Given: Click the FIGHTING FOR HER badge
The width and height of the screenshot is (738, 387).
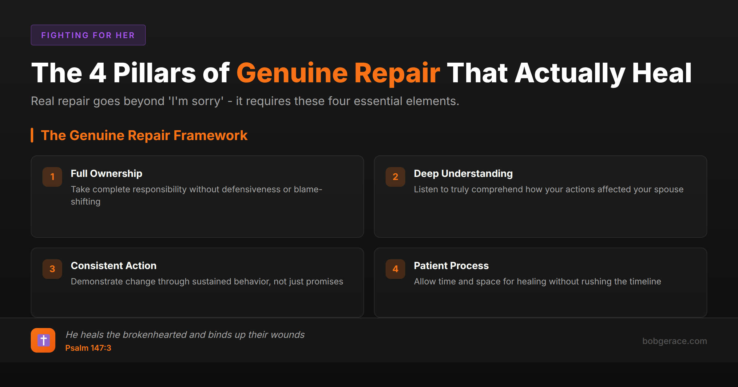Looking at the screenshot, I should [88, 35].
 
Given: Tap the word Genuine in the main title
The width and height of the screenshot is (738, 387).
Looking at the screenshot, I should [292, 73].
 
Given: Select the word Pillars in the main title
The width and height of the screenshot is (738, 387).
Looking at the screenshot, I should [154, 73].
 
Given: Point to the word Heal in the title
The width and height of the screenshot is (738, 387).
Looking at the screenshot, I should [662, 73].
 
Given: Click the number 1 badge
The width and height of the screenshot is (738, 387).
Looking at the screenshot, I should [52, 177].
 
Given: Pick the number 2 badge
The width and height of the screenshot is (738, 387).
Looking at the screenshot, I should [395, 177].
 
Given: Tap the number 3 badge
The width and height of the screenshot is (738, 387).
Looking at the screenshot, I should [52, 269].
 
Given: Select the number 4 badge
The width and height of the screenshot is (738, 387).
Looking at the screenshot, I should [395, 269].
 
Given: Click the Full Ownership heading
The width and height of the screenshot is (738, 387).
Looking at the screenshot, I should [106, 174].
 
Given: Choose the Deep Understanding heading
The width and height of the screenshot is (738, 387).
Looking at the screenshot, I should [463, 174].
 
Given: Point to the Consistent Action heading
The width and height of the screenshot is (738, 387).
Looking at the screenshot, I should [113, 266].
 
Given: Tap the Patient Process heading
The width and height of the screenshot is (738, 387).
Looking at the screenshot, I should [451, 266].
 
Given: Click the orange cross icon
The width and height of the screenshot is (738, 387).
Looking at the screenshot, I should [43, 340].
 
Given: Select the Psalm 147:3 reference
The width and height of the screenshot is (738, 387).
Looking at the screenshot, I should [88, 348].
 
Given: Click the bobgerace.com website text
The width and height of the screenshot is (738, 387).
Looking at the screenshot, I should [675, 341].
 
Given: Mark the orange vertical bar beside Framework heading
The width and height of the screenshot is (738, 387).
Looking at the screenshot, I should [32, 135].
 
